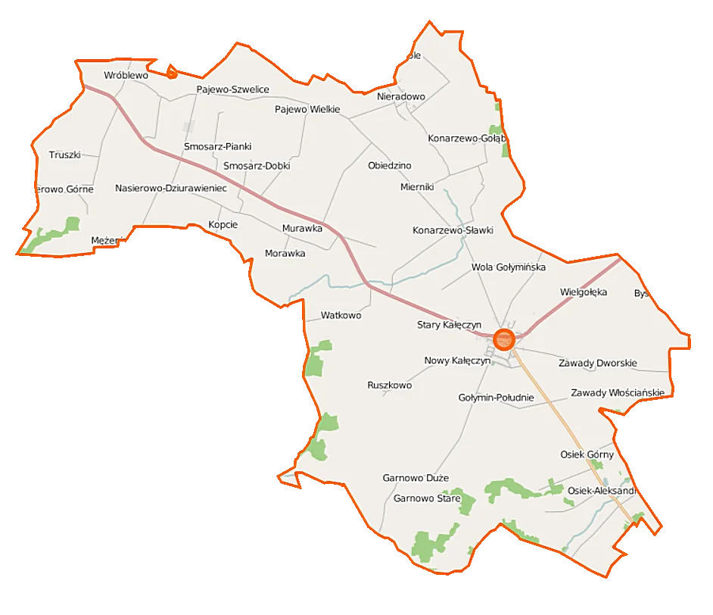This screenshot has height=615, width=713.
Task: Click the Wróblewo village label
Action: coord(126,76)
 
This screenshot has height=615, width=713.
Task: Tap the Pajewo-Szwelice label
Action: coord(232,89)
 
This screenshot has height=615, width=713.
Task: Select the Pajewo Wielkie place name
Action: coord(307,110)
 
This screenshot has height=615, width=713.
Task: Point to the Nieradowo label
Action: coord(401,97)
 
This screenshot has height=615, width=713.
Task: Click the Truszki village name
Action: coord(64,155)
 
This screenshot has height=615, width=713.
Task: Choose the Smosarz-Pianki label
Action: coord(217,146)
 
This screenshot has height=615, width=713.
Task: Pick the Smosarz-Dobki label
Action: coord(257,166)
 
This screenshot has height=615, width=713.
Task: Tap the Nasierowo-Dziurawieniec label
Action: coord(170,188)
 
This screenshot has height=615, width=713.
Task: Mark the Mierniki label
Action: coord(416,186)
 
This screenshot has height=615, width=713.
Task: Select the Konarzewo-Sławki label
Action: coord(453,229)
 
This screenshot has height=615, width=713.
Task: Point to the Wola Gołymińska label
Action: coord(508,267)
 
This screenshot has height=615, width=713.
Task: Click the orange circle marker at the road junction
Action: coord(503,339)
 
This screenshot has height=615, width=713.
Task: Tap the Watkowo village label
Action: coord(341,314)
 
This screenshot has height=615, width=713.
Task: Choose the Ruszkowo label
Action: coord(389,386)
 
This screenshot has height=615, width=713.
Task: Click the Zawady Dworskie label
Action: coord(598,363)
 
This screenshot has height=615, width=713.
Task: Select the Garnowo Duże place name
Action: coord(416,479)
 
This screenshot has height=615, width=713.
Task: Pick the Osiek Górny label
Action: coord(587,454)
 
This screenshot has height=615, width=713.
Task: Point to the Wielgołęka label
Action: coord(584,292)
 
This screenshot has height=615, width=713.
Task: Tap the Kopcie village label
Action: coord(223,225)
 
